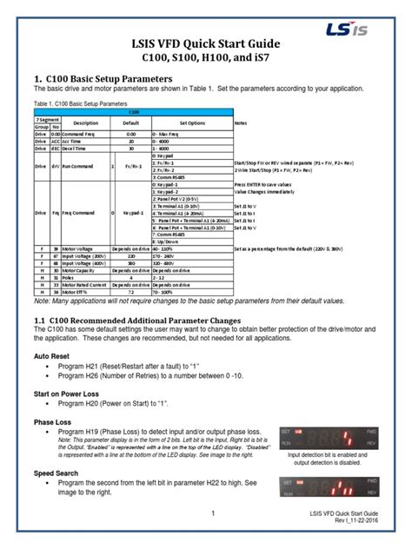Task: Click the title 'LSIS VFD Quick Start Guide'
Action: [x=206, y=42]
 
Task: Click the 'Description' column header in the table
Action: [x=85, y=123]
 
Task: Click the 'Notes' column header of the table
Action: [x=241, y=123]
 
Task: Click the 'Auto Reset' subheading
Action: [x=54, y=356]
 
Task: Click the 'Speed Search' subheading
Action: [x=57, y=473]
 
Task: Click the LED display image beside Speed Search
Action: [x=328, y=488]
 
